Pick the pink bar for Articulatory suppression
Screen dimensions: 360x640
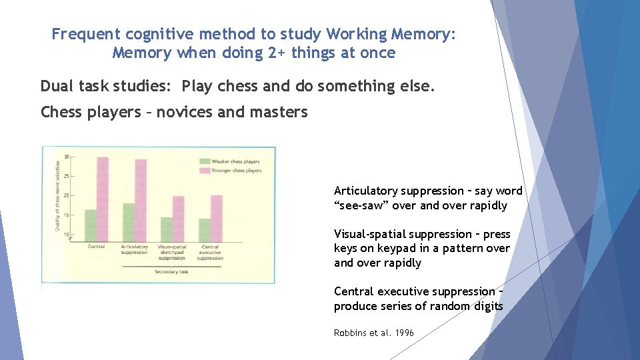[x=141, y=200]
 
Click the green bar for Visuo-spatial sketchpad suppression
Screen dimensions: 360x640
[x=167, y=229]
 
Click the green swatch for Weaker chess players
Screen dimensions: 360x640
[x=205, y=161]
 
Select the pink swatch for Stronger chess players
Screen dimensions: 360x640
[x=205, y=171]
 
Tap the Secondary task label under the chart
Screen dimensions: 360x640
[x=171, y=272]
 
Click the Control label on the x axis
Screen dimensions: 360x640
[x=97, y=247]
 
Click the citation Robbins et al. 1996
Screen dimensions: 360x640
[x=373, y=333]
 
